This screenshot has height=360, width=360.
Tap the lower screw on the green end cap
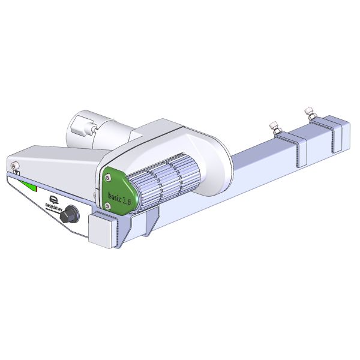107,206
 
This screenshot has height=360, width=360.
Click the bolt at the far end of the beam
310,113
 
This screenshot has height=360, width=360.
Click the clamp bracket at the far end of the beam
324,135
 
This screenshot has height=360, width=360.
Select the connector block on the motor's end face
80,128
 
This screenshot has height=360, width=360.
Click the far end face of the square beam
342,135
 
